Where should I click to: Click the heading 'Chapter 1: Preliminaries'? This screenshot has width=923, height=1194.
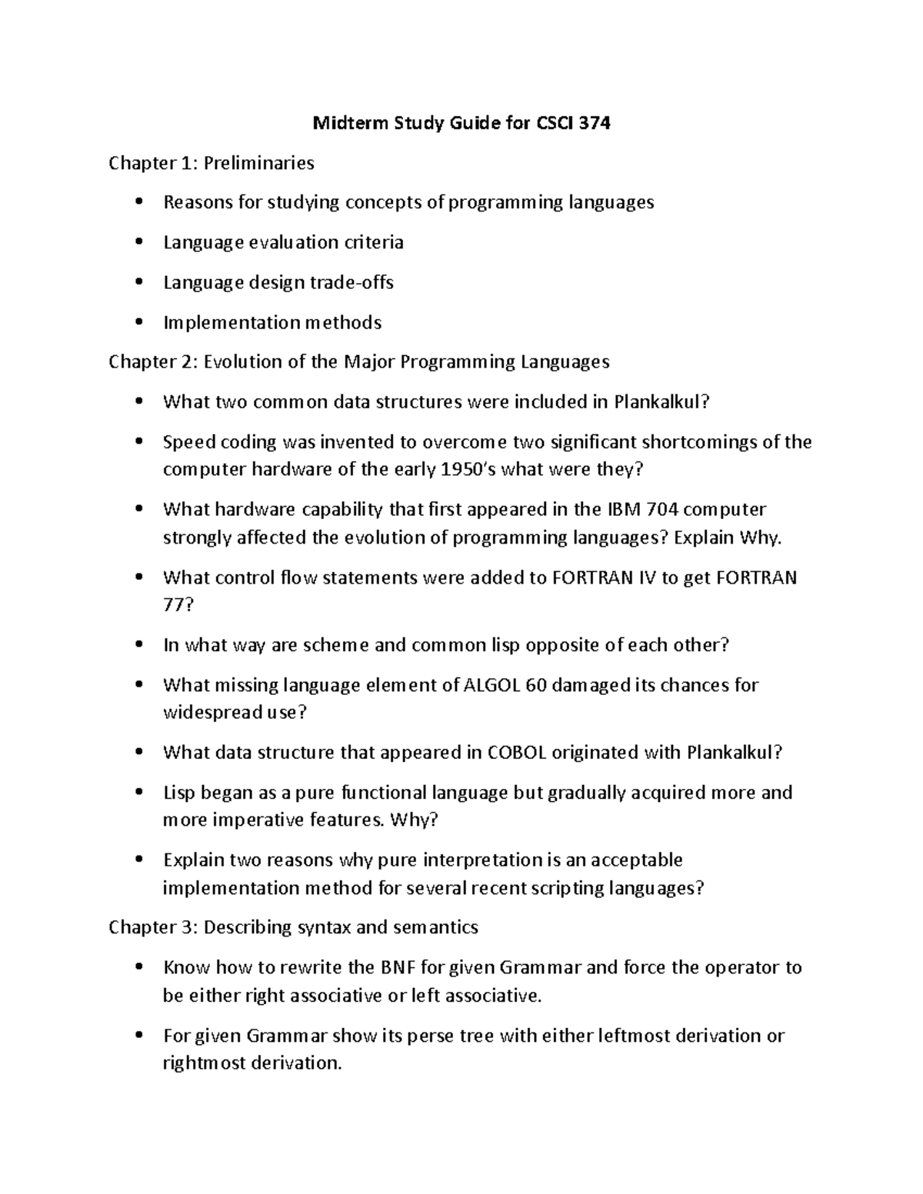212,163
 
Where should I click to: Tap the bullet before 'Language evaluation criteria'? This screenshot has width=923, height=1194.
138,242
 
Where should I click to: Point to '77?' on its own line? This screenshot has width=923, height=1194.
178,605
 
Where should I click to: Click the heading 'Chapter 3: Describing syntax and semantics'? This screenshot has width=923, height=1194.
293,927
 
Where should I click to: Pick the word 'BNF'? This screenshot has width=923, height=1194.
398,967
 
